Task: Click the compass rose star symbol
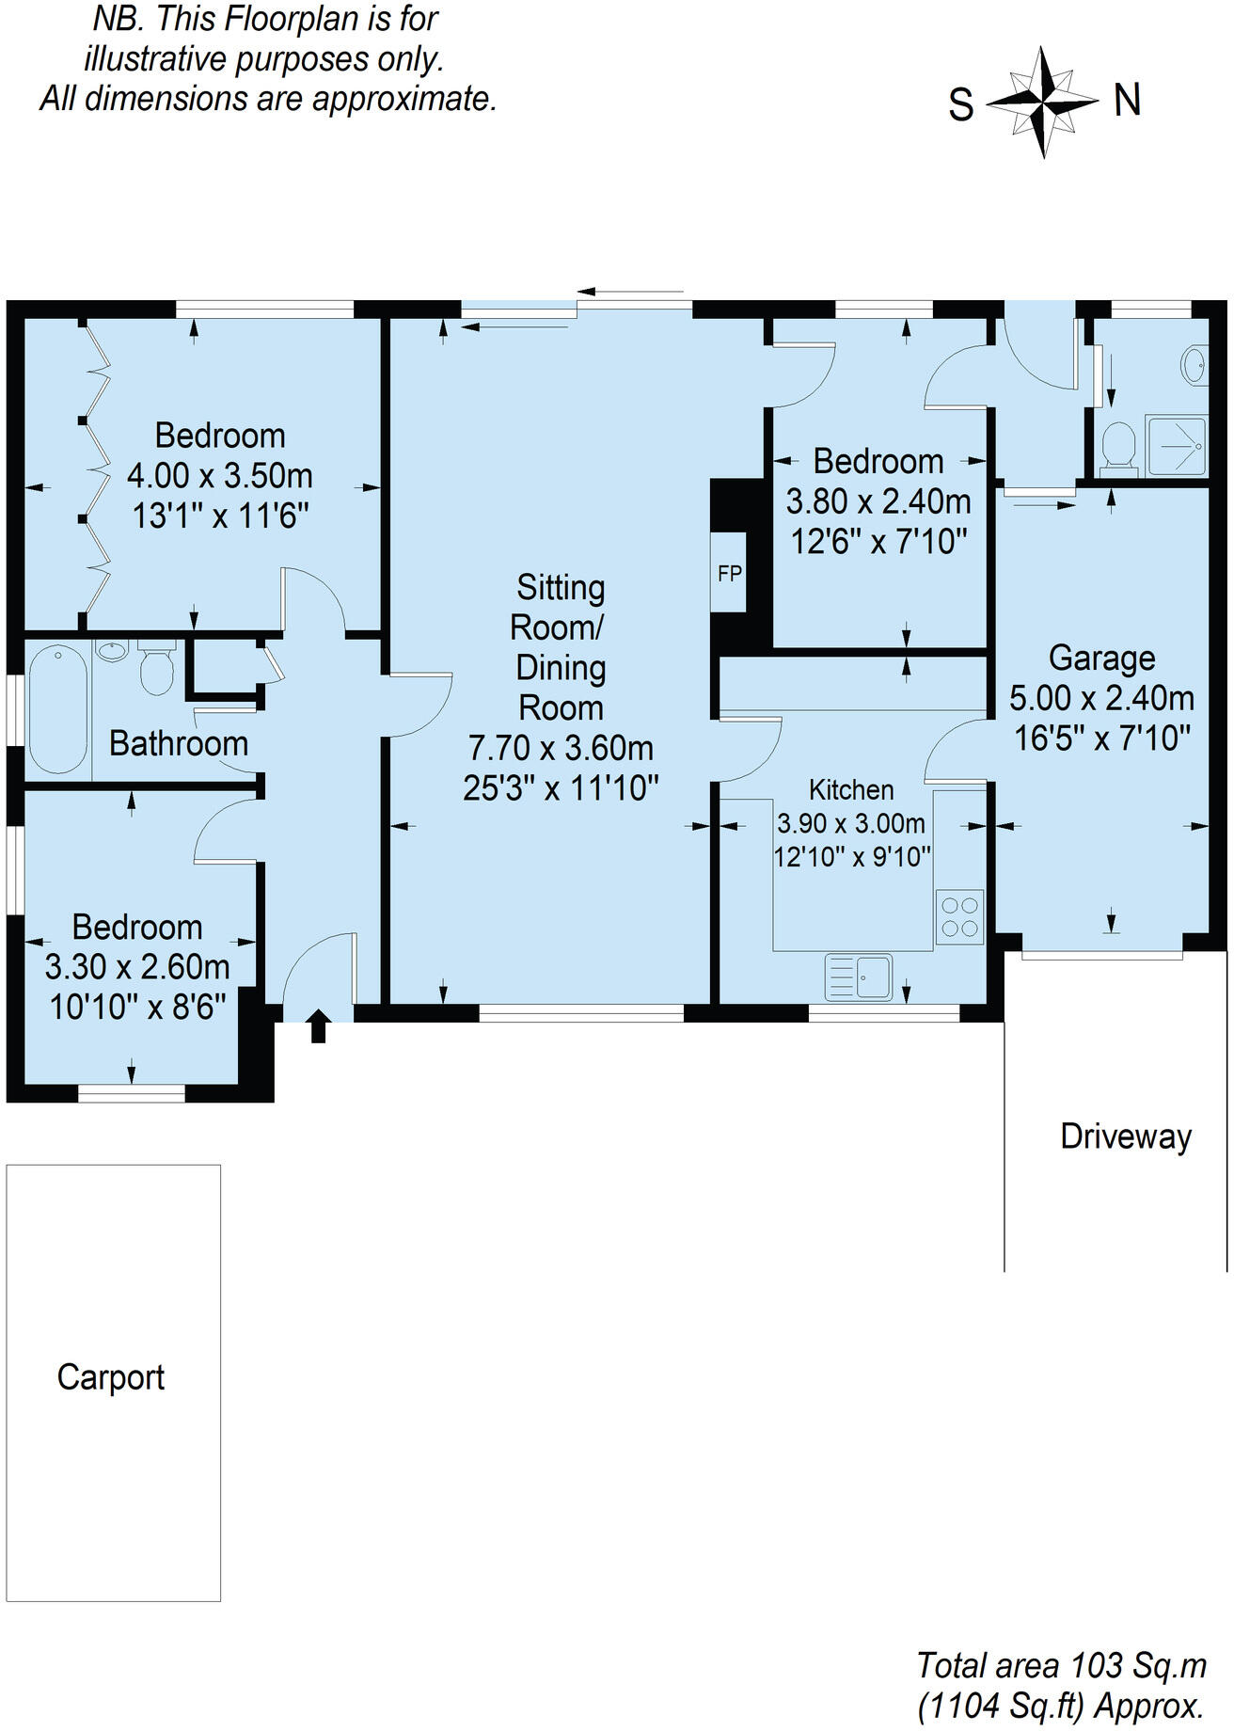(x=1042, y=102)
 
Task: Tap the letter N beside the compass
(x=1128, y=100)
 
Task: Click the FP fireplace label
(x=729, y=573)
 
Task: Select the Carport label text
(x=111, y=1378)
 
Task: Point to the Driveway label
(x=1126, y=1136)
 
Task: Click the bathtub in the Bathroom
(x=57, y=709)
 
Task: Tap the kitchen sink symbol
(x=858, y=977)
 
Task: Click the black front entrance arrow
(x=318, y=1024)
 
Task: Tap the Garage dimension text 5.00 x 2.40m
(x=1101, y=698)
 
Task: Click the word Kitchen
(x=851, y=789)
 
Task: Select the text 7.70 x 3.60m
(x=561, y=748)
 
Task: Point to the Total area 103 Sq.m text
(x=1061, y=1665)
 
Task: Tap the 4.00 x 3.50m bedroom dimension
(x=219, y=476)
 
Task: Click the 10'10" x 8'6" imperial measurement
(x=137, y=1007)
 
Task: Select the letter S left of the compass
(x=960, y=104)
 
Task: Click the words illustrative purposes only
(x=263, y=58)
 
